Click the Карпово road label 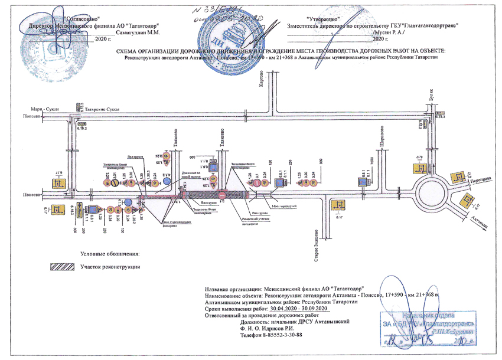260,82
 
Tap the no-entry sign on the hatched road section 221,194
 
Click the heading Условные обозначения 110,254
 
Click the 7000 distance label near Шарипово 373,162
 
